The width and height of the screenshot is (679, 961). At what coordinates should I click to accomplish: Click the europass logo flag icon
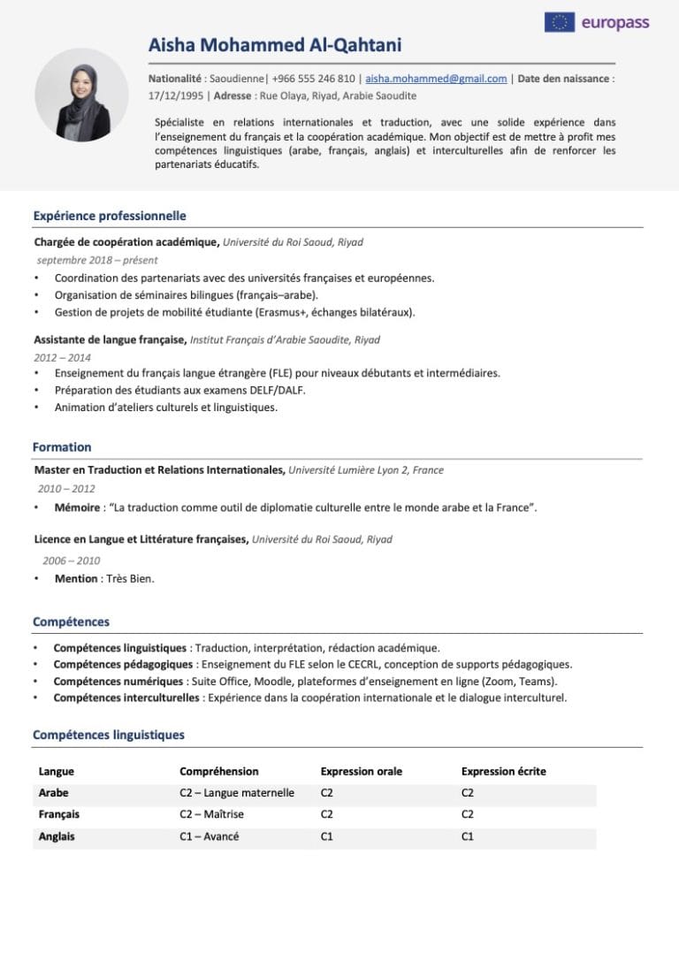pyautogui.click(x=559, y=22)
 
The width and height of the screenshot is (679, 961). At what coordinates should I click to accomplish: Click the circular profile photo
pyautogui.click(x=81, y=95)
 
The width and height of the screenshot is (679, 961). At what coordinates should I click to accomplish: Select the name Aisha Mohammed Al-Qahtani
pyautogui.click(x=275, y=45)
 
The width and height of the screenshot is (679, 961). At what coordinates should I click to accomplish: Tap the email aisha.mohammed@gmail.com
pyautogui.click(x=436, y=79)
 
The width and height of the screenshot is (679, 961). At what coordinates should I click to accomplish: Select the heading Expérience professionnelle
pyautogui.click(x=110, y=216)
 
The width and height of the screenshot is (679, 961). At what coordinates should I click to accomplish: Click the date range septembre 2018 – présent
pyautogui.click(x=97, y=260)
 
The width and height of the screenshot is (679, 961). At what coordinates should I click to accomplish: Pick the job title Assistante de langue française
pyautogui.click(x=110, y=339)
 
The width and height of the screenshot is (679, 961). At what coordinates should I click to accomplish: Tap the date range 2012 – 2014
pyautogui.click(x=62, y=357)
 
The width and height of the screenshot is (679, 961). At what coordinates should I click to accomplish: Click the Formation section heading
pyautogui.click(x=62, y=447)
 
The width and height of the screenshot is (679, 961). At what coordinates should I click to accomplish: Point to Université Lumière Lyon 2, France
pyautogui.click(x=366, y=470)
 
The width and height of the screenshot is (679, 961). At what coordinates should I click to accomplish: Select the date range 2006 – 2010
pyautogui.click(x=72, y=561)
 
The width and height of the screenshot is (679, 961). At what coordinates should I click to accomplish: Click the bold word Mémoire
pyautogui.click(x=77, y=507)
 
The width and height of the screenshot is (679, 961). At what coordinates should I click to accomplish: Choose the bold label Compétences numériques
pyautogui.click(x=118, y=682)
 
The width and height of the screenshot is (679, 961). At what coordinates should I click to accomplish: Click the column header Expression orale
pyautogui.click(x=361, y=771)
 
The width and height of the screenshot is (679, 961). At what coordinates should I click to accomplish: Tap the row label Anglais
pyautogui.click(x=57, y=836)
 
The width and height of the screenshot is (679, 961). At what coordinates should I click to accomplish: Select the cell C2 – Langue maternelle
pyautogui.click(x=237, y=793)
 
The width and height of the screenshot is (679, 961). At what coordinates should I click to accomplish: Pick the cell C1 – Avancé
pyautogui.click(x=209, y=836)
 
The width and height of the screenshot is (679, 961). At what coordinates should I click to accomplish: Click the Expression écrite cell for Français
pyautogui.click(x=468, y=814)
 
